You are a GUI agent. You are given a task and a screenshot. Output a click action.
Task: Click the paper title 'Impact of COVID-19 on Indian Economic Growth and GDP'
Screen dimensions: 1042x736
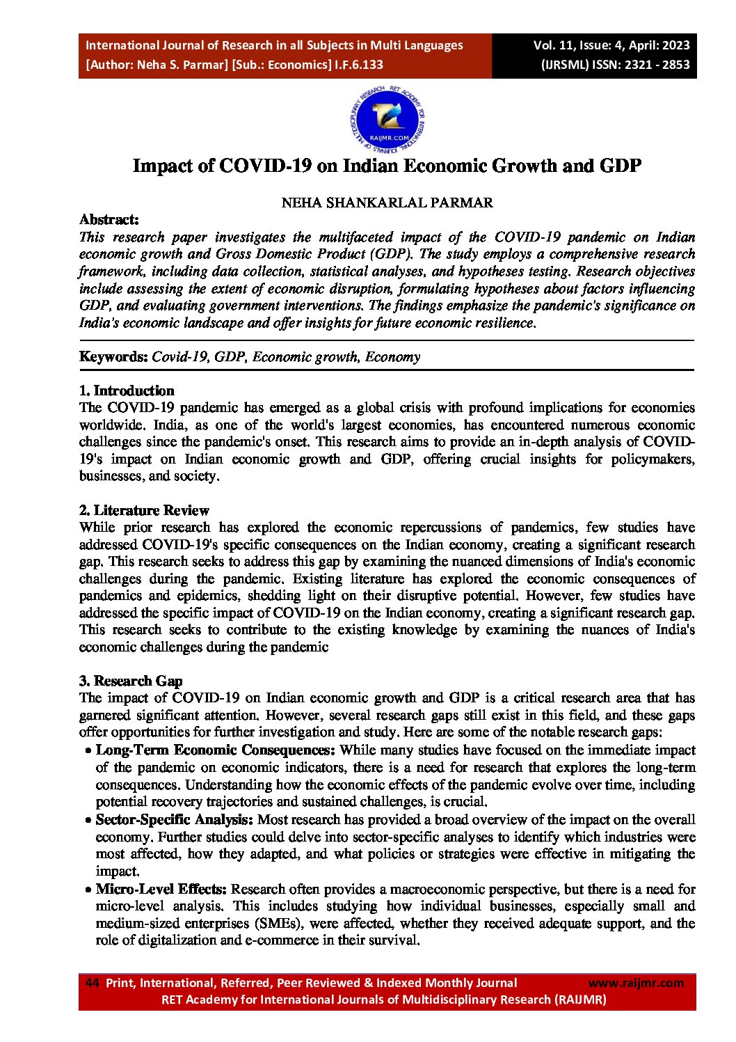click(x=387, y=166)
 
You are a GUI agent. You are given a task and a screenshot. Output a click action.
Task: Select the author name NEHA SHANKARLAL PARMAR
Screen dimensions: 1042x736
click(x=387, y=203)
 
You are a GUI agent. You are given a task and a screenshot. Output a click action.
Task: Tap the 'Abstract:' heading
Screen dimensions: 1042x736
click(x=109, y=220)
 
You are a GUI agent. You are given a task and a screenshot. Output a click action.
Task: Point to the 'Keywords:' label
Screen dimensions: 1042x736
click(x=113, y=357)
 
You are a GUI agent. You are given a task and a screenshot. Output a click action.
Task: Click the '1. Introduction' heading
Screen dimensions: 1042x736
click(x=127, y=390)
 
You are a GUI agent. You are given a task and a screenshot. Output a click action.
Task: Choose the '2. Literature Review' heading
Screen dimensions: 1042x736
click(x=144, y=510)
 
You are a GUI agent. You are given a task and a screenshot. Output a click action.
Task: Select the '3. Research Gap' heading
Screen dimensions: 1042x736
click(x=131, y=681)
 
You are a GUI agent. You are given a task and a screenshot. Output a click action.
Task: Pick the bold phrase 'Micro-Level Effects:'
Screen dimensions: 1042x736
click(x=161, y=889)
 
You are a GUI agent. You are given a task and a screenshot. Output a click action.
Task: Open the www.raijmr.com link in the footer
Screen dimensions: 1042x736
click(x=636, y=983)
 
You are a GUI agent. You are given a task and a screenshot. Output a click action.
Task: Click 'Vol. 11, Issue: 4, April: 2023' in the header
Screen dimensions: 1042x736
click(x=611, y=45)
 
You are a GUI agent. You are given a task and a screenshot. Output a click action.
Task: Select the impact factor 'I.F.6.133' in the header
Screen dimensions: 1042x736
click(x=358, y=65)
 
